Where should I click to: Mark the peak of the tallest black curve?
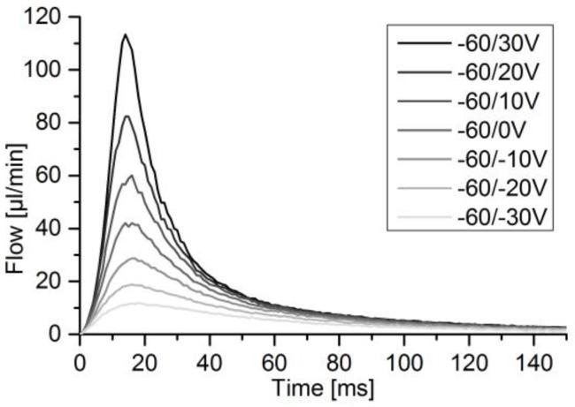pyautogui.click(x=126, y=35)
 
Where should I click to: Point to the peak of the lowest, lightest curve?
pyautogui.click(x=134, y=303)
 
